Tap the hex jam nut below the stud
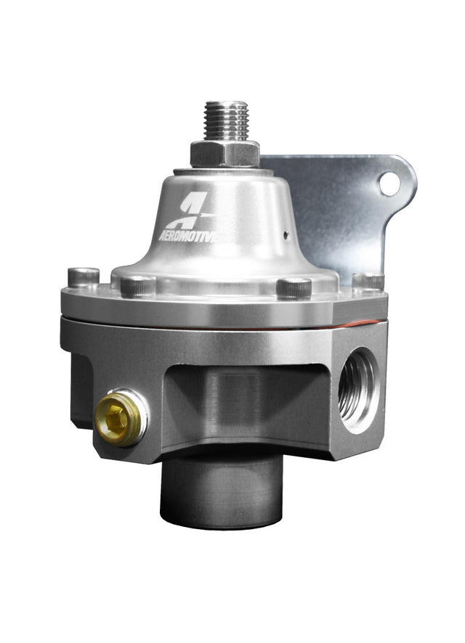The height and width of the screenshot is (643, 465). pyautogui.click(x=225, y=152)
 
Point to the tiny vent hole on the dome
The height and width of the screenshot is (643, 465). pyautogui.click(x=286, y=234)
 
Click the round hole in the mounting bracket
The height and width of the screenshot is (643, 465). pyautogui.click(x=389, y=184)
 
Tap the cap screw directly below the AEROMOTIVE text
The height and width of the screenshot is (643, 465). pyautogui.click(x=137, y=285)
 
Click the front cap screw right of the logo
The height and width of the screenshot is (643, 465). pyautogui.click(x=294, y=287)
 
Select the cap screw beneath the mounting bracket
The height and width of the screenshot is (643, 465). pyautogui.click(x=368, y=280)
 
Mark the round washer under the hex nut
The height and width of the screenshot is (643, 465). pyautogui.click(x=225, y=170)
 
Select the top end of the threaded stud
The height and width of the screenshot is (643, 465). pyautogui.click(x=226, y=105)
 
